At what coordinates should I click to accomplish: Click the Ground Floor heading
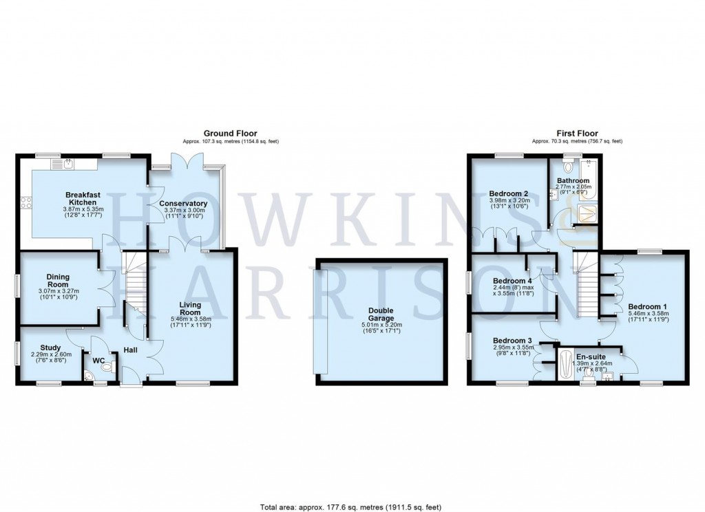(230, 134)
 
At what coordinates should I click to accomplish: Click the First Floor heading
(576, 134)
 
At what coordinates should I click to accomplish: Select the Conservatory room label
(182, 204)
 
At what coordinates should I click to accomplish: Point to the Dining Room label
(58, 281)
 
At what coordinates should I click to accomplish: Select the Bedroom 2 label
(508, 193)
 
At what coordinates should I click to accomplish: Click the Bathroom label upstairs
(574, 181)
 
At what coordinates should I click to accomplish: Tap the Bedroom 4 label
(512, 281)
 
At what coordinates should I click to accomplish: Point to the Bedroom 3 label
(512, 341)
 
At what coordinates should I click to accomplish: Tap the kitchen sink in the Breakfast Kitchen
(68, 164)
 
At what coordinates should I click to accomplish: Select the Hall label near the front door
(131, 350)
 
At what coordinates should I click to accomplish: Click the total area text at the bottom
(352, 507)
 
